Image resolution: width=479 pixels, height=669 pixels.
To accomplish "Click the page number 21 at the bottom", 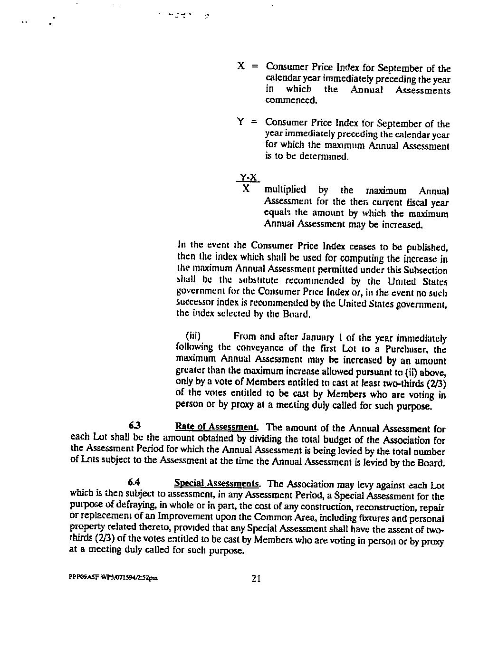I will point(256,578).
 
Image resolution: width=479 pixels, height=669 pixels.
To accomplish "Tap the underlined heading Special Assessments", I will point(217,484).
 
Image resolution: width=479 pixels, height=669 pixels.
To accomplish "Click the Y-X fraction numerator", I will point(248,178).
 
